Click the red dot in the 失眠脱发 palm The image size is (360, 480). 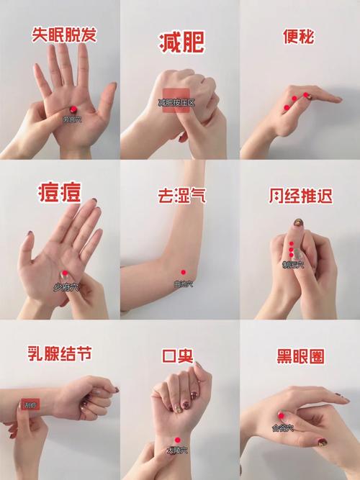(73, 109)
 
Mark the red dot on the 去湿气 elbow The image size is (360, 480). (183, 272)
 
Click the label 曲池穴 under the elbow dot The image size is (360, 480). (183, 284)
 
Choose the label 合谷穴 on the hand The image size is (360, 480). (282, 426)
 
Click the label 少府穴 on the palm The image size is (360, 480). (63, 286)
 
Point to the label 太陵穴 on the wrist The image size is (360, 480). (176, 450)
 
